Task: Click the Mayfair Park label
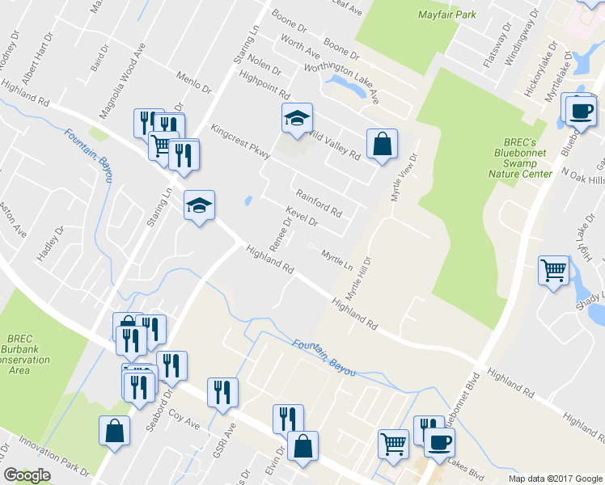tap(447, 15)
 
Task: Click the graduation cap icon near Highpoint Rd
tap(297, 118)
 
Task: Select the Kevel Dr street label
tap(302, 216)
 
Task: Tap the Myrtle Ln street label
tap(337, 259)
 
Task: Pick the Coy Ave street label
tap(184, 423)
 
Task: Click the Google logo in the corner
tap(27, 475)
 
